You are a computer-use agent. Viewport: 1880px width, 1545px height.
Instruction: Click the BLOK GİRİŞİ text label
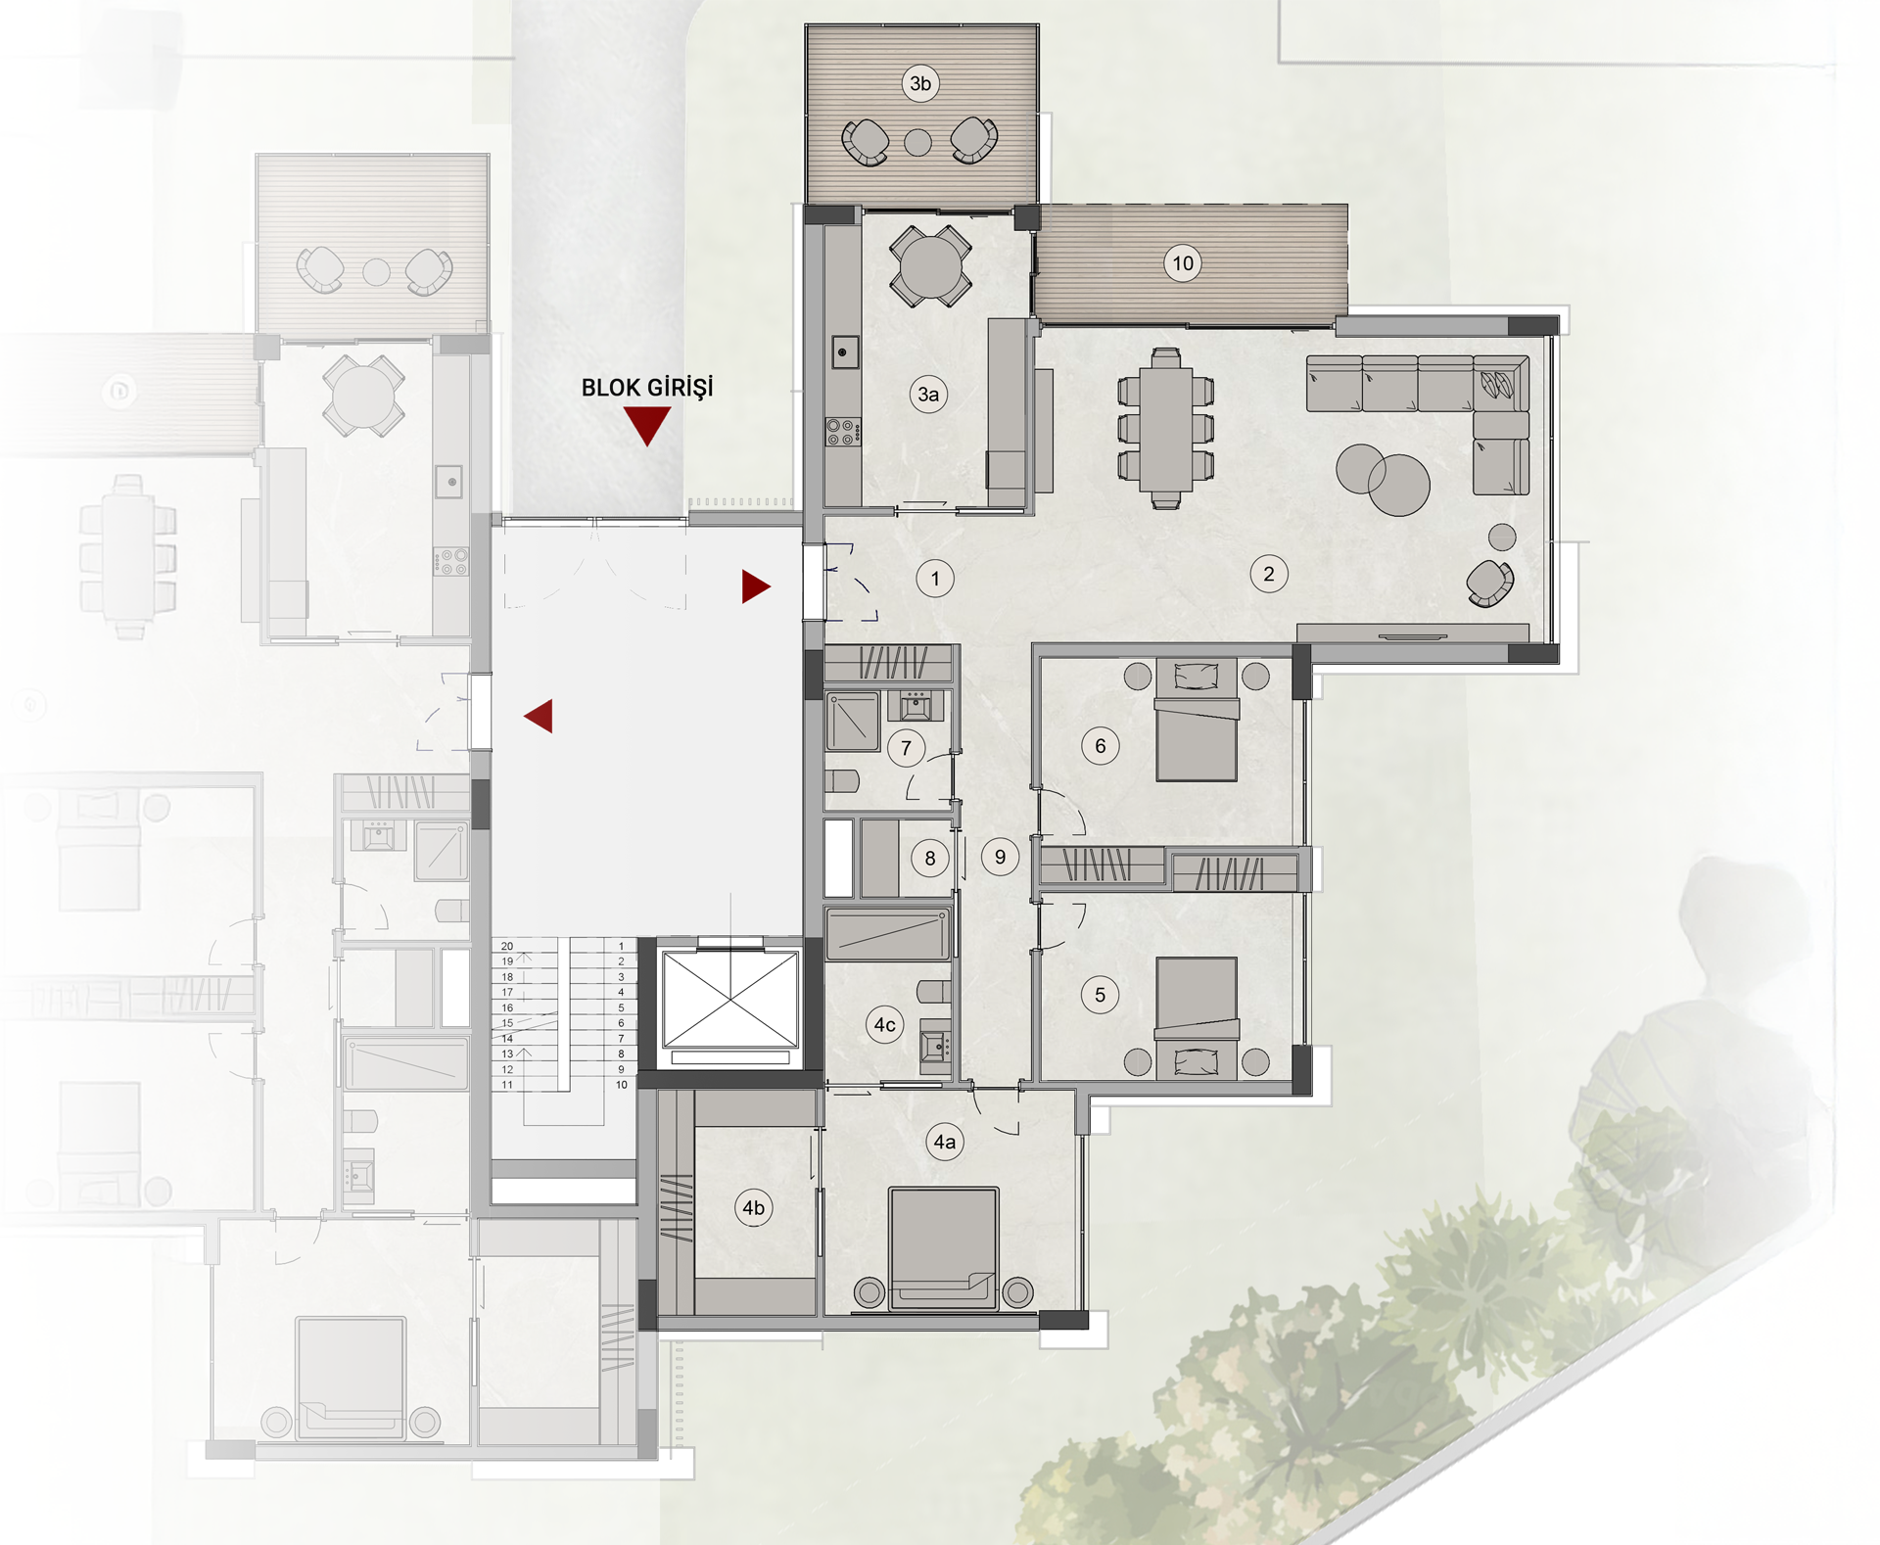tap(647, 388)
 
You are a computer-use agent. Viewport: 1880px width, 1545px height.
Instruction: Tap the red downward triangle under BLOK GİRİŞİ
tap(647, 424)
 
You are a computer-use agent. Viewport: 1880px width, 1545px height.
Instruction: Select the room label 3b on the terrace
tap(920, 83)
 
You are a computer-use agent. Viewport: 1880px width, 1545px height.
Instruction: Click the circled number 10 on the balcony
tap(1183, 262)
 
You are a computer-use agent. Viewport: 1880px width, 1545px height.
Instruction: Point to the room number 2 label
tap(1269, 574)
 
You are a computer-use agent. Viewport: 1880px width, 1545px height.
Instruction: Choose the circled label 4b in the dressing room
tap(753, 1207)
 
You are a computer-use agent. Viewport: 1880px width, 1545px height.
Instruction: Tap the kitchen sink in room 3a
tap(844, 351)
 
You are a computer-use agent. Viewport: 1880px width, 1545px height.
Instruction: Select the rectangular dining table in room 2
tap(1166, 428)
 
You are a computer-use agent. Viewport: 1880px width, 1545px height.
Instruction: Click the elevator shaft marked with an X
tap(729, 1000)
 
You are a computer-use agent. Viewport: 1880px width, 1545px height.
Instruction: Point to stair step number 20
tap(507, 947)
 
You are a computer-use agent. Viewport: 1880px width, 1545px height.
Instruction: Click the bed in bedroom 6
tap(1197, 720)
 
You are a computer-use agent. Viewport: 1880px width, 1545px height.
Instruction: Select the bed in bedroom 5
tap(1197, 1019)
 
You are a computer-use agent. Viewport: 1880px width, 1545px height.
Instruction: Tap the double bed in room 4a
tap(944, 1248)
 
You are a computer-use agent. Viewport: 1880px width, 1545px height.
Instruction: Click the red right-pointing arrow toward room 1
tap(755, 586)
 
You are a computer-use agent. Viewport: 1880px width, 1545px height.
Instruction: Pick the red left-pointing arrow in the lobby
tap(540, 716)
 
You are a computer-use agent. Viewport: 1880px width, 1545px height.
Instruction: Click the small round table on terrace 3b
tap(917, 143)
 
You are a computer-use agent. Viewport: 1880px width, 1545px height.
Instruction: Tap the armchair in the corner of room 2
tap(1490, 583)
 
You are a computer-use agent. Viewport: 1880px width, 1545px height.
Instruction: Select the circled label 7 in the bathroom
tap(906, 749)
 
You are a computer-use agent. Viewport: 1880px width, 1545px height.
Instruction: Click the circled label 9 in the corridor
tap(1000, 857)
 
